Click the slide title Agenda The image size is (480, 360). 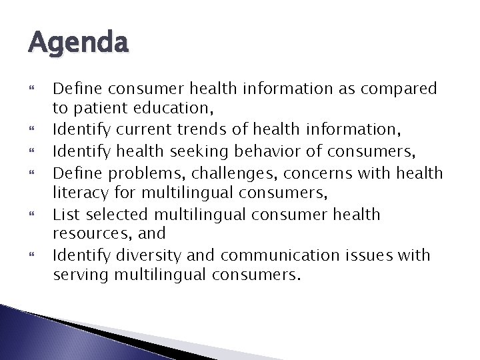point(78,45)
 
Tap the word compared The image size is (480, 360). point(397,88)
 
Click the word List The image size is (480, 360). point(65,214)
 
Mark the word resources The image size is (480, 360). point(87,235)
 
